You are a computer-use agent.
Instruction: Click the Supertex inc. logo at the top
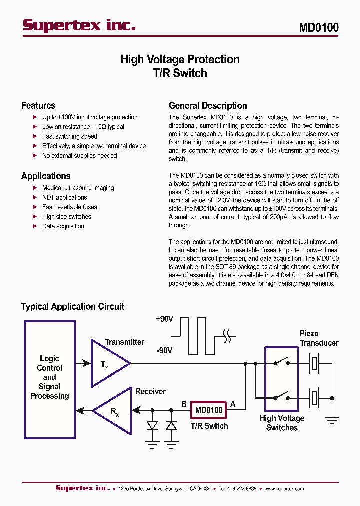(x=79, y=25)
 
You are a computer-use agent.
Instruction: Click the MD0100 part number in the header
(x=318, y=27)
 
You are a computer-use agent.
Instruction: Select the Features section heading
(x=38, y=105)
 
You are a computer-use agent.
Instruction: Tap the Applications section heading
(x=46, y=176)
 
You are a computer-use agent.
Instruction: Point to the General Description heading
(x=208, y=105)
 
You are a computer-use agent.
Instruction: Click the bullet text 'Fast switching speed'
(x=69, y=136)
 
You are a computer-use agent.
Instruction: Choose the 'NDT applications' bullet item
(x=64, y=197)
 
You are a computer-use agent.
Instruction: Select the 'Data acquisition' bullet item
(x=63, y=226)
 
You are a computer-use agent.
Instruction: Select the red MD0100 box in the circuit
(x=209, y=410)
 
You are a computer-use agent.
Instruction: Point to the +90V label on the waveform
(x=164, y=319)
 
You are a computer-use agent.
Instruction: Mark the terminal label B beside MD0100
(x=183, y=403)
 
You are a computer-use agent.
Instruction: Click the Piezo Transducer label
(x=319, y=338)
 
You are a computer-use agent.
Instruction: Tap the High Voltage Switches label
(x=282, y=423)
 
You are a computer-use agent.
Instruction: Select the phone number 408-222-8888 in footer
(x=238, y=488)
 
